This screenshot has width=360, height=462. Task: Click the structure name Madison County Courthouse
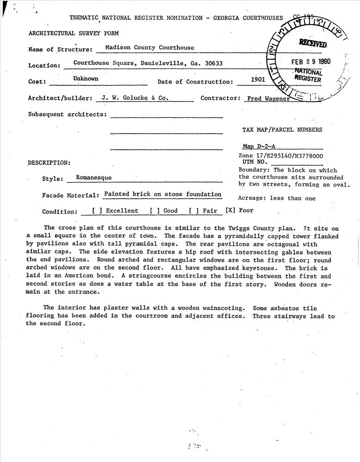(x=150, y=48)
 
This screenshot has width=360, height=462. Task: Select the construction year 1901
(x=258, y=79)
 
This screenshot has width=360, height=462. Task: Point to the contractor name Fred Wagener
(x=268, y=98)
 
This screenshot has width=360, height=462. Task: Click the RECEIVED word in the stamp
(x=313, y=44)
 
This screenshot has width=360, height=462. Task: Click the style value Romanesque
(x=94, y=177)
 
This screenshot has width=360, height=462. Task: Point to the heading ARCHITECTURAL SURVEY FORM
(x=73, y=33)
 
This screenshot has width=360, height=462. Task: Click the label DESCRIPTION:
(x=49, y=163)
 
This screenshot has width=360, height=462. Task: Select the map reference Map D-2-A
(x=259, y=146)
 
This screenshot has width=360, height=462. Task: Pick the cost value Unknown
(x=85, y=79)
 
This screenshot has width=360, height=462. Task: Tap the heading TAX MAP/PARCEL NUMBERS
(x=282, y=130)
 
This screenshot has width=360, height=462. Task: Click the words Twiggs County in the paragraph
(x=250, y=228)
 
